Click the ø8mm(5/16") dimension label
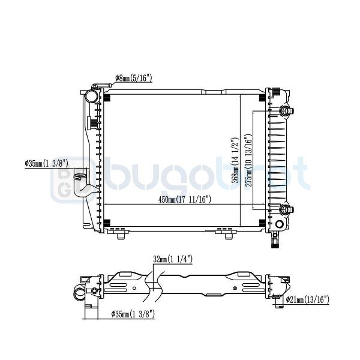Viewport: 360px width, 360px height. click(x=133, y=78)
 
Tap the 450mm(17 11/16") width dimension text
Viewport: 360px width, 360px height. click(x=184, y=199)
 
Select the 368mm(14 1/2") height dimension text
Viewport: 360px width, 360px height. click(x=235, y=160)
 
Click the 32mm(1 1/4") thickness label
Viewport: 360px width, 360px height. click(x=173, y=259)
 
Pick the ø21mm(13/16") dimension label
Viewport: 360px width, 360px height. click(x=308, y=300)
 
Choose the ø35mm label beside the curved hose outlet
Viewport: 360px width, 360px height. click(x=47, y=164)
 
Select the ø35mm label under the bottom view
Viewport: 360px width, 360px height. click(x=133, y=314)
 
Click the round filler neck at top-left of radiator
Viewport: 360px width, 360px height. click(x=92, y=96)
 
